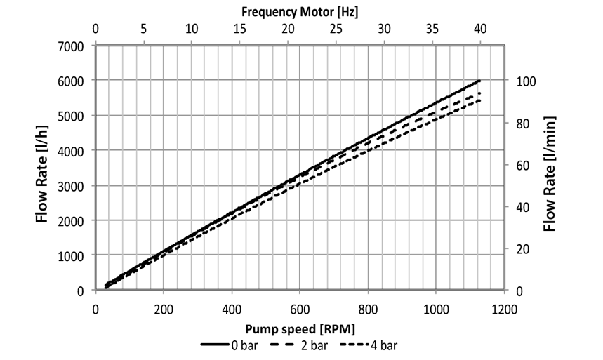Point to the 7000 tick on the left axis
72,46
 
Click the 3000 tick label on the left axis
72,186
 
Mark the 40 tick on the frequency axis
480,29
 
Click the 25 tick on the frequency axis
336,29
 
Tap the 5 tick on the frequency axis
144,29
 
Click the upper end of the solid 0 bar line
479,81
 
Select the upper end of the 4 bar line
479,100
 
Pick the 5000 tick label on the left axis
72,116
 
